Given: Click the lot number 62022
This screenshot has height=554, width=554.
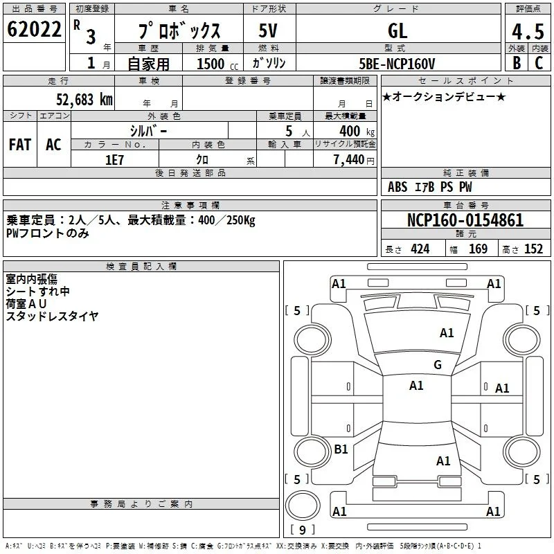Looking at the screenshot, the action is coord(34,29).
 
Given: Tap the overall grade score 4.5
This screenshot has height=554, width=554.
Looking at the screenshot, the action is coord(528,31).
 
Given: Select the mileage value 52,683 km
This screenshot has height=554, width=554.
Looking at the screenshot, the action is coord(84,100).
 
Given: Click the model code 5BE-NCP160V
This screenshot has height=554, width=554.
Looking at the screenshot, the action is coord(397,64).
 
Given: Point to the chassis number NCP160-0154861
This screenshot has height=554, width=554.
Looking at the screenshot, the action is coord(465,220).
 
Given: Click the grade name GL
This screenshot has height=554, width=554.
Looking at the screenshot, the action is coord(397,30).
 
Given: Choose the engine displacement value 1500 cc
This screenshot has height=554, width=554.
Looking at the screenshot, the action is coord(217,64).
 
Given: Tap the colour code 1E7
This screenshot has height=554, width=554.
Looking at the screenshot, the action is coord(114,160).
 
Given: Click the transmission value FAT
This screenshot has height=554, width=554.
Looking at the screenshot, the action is coord(20,145).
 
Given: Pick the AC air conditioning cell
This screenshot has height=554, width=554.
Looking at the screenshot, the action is coord(54,145).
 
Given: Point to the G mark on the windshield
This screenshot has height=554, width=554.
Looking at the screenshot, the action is coord(438,364).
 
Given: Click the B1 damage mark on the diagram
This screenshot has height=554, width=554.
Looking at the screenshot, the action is coord(341,449).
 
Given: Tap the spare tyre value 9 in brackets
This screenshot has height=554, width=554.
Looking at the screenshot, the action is coord(303,530).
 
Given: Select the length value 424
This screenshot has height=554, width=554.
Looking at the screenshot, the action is coord(420,249).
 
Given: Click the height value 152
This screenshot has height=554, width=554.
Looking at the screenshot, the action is coord(533,249).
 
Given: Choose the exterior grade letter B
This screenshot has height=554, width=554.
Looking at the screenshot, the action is coord(517,63).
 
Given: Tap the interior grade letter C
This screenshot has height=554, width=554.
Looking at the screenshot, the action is coord(539,63).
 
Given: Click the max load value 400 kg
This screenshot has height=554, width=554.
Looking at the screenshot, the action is coord(357,131).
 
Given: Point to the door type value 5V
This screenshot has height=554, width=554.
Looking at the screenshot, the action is coord(268,30).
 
